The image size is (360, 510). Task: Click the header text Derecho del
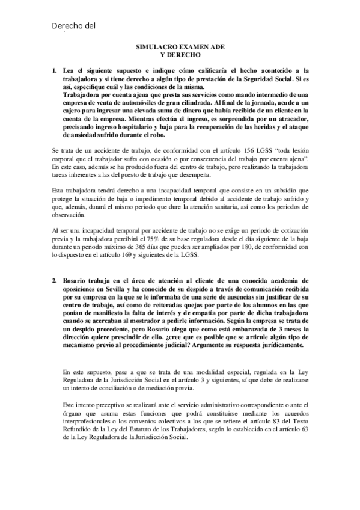click(x=74, y=26)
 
